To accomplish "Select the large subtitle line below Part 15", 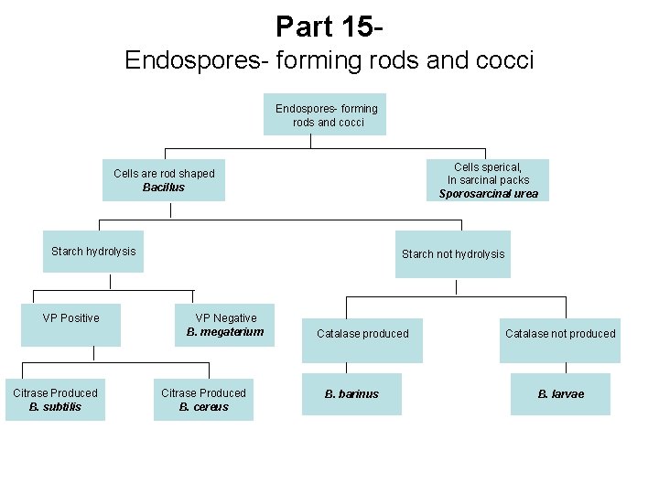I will coord(329,60).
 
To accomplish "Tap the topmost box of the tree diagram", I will coord(325,114).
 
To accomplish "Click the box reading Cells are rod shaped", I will coord(164,179).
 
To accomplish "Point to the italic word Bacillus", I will coord(164,188).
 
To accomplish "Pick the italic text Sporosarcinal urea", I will coord(488,194).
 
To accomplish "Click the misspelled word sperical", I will coord(503,167).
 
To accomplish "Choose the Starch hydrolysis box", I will coord(92,252).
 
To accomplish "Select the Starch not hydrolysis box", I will coord(453,254).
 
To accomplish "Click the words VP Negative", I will coord(225,318).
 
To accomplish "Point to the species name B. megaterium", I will coord(225,332).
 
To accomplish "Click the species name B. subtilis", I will coord(55,407).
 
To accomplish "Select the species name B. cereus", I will coord(203,407).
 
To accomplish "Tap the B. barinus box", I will coord(351,394).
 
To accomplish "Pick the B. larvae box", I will coord(560,394).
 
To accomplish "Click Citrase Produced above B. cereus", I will coord(203,393).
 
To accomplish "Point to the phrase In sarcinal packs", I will coord(488,180).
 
